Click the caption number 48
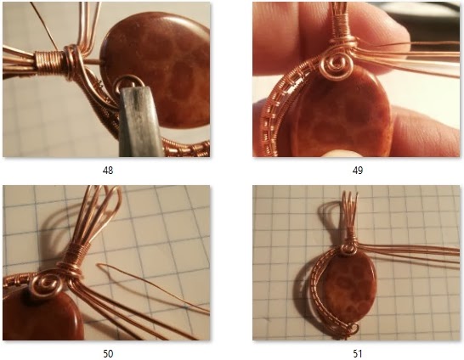(107, 170)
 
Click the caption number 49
(358, 170)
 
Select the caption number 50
(107, 352)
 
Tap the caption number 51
(358, 352)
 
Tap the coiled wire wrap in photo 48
(51, 61)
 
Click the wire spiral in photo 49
(335, 65)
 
